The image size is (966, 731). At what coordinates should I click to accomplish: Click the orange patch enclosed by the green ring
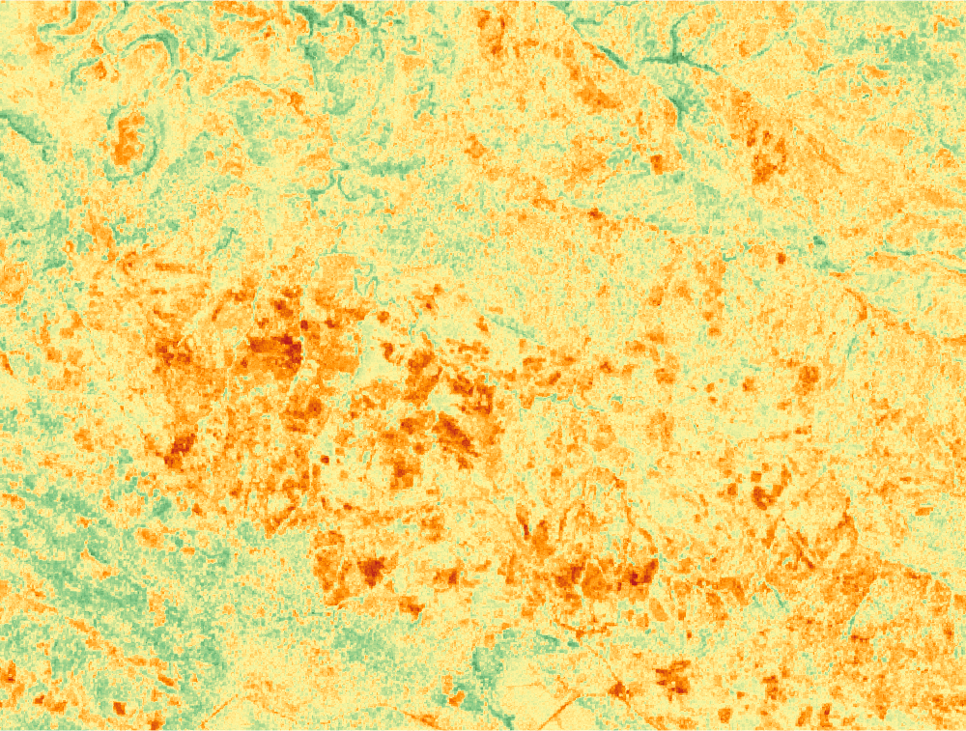(x=129, y=140)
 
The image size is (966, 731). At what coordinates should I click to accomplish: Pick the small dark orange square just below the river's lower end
(x=657, y=164)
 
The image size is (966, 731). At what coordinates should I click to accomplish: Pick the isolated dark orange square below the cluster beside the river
(x=781, y=258)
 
